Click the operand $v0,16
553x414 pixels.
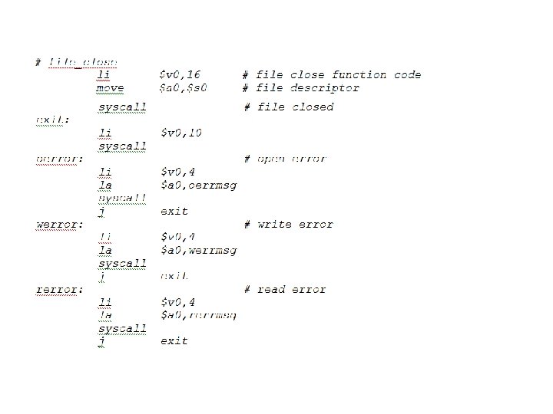180,75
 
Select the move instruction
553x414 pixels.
111,88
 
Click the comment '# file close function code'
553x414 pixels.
332,75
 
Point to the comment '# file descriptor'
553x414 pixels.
300,88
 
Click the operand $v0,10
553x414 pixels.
180,133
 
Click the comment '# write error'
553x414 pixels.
288,225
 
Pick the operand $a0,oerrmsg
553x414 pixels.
198,186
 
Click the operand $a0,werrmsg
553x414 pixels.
198,251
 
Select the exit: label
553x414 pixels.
53,120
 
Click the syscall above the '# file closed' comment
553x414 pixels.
122,107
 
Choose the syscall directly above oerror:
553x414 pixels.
122,146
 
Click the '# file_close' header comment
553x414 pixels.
77,62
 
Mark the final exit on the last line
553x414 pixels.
174,341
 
